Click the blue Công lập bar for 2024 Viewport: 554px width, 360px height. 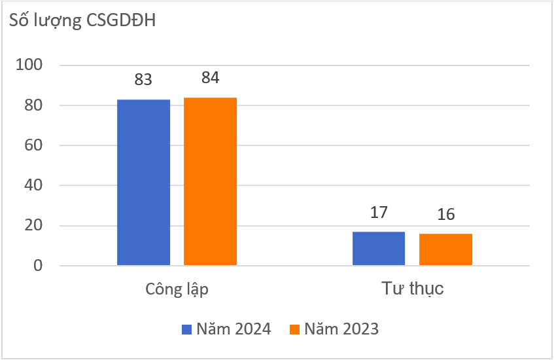point(144,183)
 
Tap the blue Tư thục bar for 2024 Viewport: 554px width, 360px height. point(379,249)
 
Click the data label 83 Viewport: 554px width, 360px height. point(143,80)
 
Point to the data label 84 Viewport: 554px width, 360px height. point(210,77)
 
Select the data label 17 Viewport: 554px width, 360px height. point(379,212)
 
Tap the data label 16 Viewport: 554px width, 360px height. point(445,215)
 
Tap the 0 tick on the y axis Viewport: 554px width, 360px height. point(37,266)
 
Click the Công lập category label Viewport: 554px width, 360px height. point(177,289)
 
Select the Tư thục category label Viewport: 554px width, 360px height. point(412,289)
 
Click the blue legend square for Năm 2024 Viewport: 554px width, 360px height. point(186,329)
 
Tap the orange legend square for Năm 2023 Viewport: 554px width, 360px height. point(294,329)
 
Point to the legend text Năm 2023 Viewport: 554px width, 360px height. point(341,329)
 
